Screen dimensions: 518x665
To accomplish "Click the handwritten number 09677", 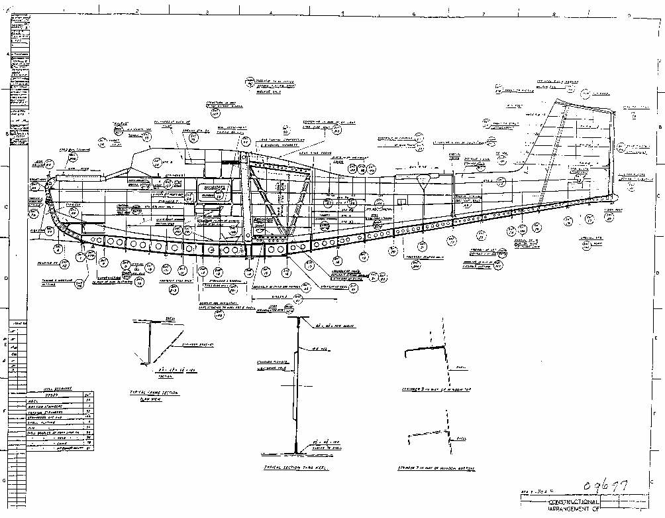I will [x=603, y=487].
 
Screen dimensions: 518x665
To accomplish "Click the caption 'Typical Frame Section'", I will [x=154, y=393].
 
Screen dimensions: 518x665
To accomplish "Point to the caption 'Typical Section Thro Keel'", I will [x=292, y=468].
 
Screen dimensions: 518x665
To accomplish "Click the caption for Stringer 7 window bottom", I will [x=437, y=468].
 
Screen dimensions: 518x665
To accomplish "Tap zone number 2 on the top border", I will [x=136, y=11].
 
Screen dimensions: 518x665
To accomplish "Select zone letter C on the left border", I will [x=7, y=206].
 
